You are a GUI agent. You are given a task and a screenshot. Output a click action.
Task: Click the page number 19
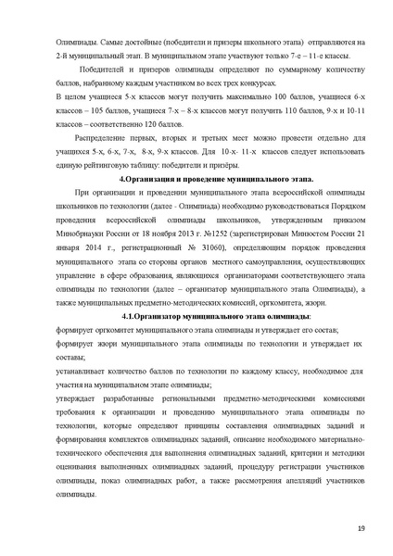361,528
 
